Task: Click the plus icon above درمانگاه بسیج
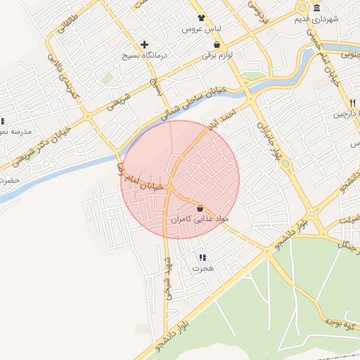tap(144, 44)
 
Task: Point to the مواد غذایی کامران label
tap(200, 220)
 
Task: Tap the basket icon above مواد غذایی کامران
tap(200, 209)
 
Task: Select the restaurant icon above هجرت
tap(202, 258)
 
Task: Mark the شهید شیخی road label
tap(168, 276)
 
